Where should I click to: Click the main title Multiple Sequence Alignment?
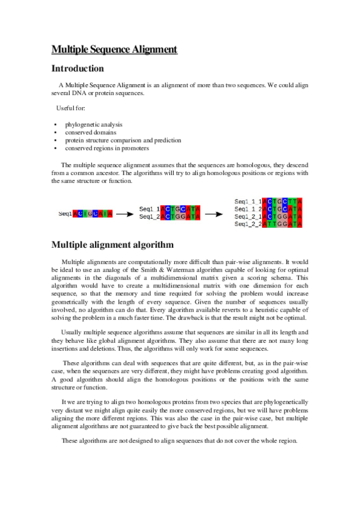pyautogui.click(x=114, y=49)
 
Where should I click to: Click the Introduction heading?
pyautogui.click(x=78, y=69)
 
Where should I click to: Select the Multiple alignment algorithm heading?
pyautogui.click(x=112, y=245)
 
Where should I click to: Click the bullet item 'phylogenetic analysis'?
pyautogui.click(x=94, y=124)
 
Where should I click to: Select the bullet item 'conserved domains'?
pyautogui.click(x=91, y=132)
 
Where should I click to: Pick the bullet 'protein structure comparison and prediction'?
pyautogui.click(x=123, y=140)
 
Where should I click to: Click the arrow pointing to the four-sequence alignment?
pyautogui.click(x=216, y=213)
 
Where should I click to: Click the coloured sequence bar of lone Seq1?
pyautogui.click(x=92, y=214)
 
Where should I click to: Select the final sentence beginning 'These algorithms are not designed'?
pyautogui.click(x=180, y=441)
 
